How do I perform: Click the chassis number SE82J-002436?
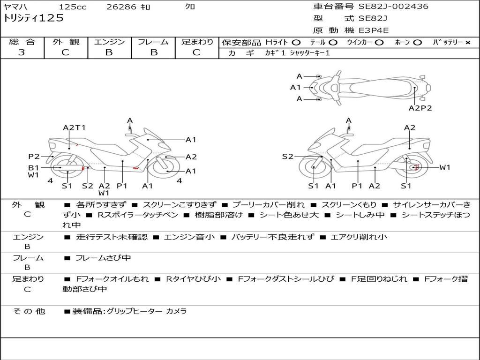(x=393, y=7)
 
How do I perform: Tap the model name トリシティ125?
(x=33, y=18)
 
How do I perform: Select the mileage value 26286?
(x=121, y=7)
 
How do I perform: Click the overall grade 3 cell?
(x=22, y=52)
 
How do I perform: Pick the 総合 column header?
(x=22, y=42)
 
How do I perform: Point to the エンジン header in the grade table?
(x=109, y=42)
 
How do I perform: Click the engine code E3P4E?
(x=374, y=30)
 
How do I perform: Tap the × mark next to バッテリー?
(x=467, y=43)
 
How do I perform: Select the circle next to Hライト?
(x=296, y=43)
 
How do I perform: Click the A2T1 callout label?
(x=74, y=127)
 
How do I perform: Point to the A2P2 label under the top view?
(x=420, y=108)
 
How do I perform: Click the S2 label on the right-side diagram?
(x=287, y=157)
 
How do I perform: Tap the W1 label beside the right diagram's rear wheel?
(x=444, y=167)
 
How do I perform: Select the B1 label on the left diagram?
(x=33, y=167)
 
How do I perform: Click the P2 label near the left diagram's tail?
(x=34, y=157)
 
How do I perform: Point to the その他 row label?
(x=29, y=311)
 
